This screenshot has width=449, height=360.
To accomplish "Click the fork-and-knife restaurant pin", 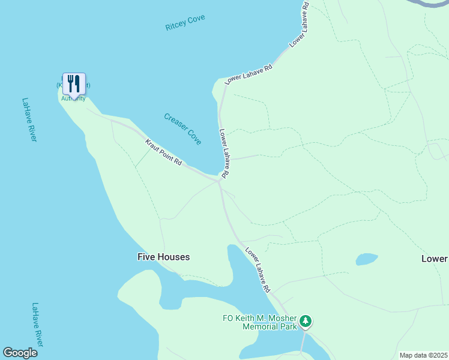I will click(74, 84).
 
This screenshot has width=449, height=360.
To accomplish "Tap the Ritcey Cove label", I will click(185, 23).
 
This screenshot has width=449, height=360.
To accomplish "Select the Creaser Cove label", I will click(182, 128).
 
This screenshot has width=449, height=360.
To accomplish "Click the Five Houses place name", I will click(163, 257).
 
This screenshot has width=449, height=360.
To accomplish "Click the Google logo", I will click(20, 353).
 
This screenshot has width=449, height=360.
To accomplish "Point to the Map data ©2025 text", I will click(423, 355).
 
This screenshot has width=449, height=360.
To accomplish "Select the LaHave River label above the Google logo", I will click(37, 324).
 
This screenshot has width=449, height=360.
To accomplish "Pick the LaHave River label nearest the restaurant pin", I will click(29, 120).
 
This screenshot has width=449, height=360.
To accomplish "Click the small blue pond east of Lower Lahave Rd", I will click(366, 259).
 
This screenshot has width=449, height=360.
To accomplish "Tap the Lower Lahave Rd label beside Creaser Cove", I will click(223, 153).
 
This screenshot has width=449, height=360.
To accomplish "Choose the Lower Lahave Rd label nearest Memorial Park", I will click(258, 271).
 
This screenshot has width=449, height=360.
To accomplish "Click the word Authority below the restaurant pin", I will click(73, 98).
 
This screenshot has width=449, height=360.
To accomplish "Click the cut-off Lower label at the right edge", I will click(434, 259).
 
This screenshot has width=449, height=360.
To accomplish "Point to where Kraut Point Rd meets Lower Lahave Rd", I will click(220, 180).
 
